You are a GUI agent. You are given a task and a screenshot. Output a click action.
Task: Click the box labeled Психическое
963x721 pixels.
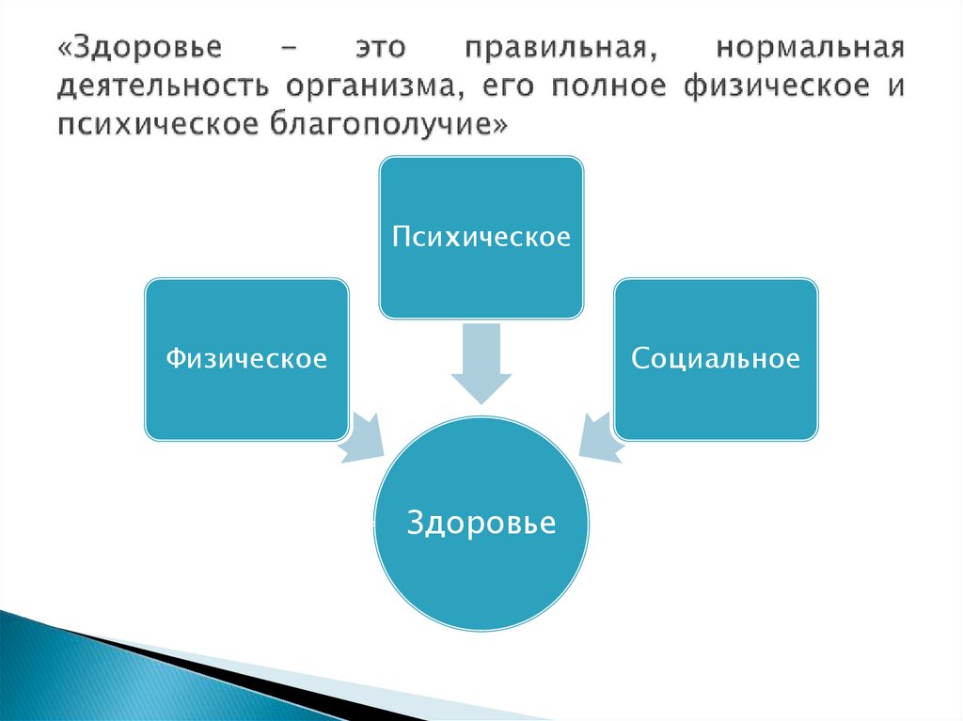click(481, 235)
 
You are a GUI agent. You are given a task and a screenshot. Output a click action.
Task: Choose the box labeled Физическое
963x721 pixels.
click(246, 358)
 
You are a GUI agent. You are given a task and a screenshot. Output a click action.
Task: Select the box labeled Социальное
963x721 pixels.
click(716, 358)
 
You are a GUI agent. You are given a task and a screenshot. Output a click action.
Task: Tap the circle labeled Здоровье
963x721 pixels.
click(481, 523)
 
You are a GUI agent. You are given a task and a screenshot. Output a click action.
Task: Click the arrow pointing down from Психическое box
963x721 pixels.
click(481, 362)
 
